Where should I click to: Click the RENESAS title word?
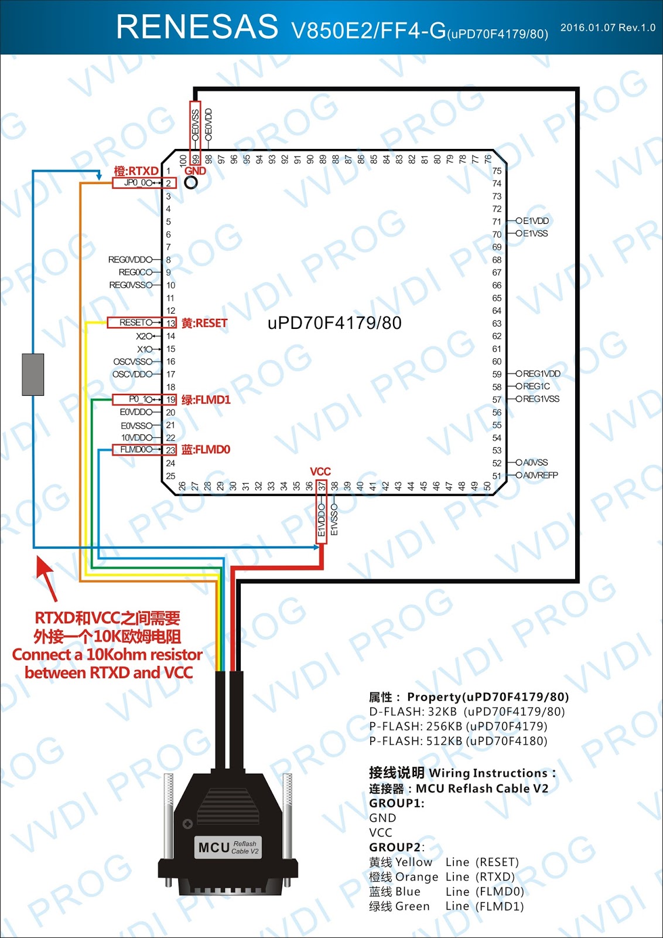click(x=197, y=27)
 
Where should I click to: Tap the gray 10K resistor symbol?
click(x=33, y=374)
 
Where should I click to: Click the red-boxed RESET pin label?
click(x=134, y=322)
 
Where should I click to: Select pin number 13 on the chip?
click(x=170, y=323)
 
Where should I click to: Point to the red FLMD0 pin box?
click(x=143, y=450)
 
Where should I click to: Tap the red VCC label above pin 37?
click(x=320, y=471)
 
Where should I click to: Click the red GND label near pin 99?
click(x=196, y=171)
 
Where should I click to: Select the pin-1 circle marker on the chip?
click(x=191, y=182)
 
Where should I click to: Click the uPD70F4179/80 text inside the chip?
click(x=334, y=323)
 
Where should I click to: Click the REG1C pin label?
click(x=536, y=386)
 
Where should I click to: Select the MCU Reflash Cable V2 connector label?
click(x=228, y=847)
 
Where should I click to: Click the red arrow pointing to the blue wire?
click(x=47, y=577)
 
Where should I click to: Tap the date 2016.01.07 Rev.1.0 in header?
click(x=607, y=28)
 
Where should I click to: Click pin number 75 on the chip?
click(x=497, y=171)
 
